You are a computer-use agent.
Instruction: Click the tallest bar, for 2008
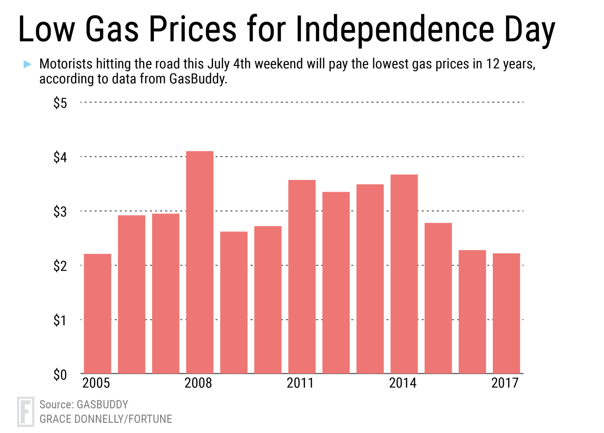200,262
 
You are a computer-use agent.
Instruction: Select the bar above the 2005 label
97,313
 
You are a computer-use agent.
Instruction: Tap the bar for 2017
506,313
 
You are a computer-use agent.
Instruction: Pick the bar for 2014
404,274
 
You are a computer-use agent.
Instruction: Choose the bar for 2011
302,276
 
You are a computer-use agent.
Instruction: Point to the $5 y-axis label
60,103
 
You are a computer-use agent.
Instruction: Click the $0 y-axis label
60,375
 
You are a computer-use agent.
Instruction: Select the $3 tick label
60,212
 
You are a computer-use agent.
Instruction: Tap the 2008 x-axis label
198,383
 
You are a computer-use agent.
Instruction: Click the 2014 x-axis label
403,383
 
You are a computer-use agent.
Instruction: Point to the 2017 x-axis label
505,383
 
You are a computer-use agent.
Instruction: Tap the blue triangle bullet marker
28,64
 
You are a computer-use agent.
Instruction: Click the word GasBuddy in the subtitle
198,79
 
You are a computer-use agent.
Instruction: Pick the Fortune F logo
26,412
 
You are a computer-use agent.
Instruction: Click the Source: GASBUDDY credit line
84,404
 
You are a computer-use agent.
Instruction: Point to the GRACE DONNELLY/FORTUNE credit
106,419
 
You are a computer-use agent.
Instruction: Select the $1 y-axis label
60,321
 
